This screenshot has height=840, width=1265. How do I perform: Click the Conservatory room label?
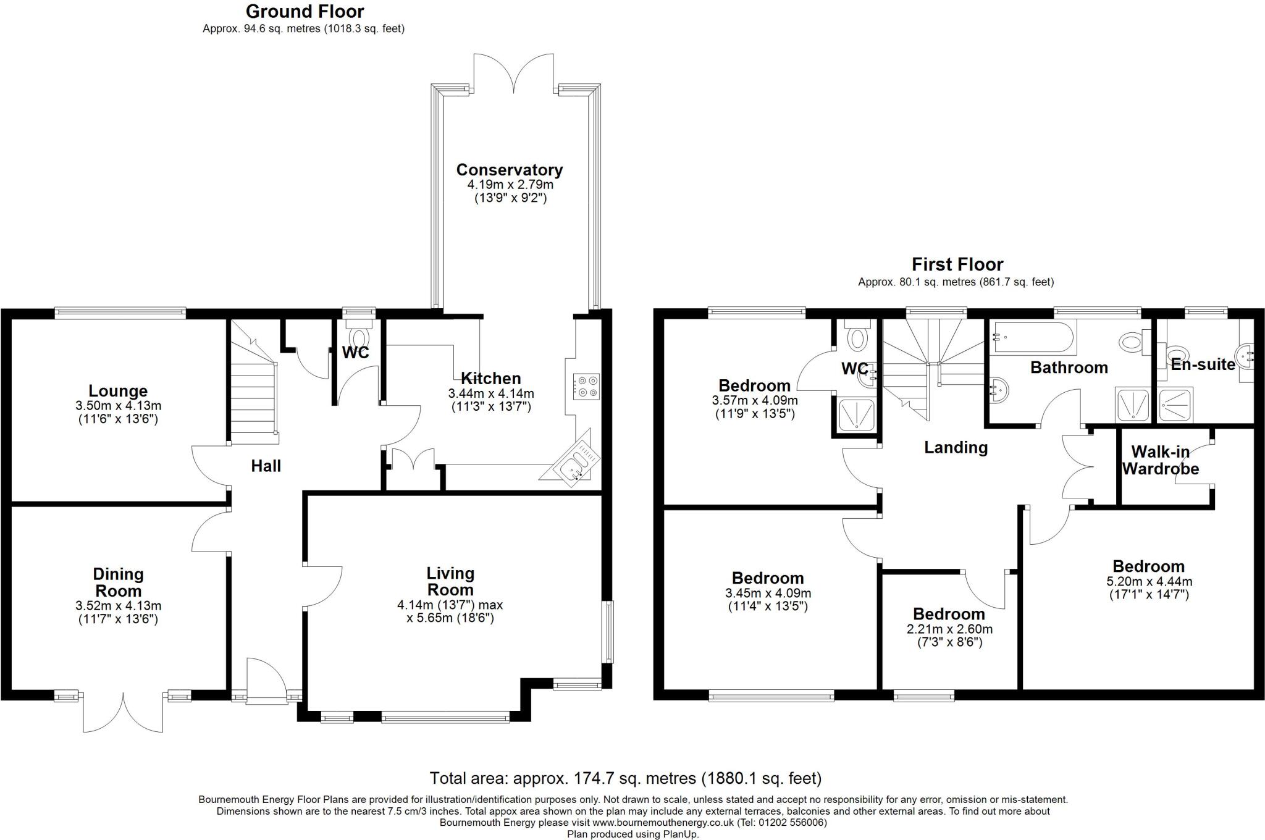click(x=509, y=170)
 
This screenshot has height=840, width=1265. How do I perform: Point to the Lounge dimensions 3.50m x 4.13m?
click(x=118, y=406)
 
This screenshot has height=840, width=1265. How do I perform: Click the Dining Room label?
click(x=118, y=582)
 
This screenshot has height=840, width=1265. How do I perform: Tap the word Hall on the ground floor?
click(x=266, y=466)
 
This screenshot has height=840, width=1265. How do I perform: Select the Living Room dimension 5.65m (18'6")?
click(x=450, y=618)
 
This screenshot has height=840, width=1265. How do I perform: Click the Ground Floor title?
click(x=305, y=11)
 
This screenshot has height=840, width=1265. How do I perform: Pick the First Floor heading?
click(x=957, y=264)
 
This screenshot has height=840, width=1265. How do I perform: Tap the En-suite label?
click(x=1202, y=364)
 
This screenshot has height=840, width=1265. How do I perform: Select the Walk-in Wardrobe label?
click(x=1160, y=460)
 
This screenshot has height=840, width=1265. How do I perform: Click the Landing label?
click(x=956, y=447)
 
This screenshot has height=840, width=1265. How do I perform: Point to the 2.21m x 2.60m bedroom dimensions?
click(x=949, y=629)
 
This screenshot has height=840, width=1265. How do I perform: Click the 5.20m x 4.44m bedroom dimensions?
click(x=1148, y=581)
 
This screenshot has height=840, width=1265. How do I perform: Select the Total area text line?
click(x=625, y=778)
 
